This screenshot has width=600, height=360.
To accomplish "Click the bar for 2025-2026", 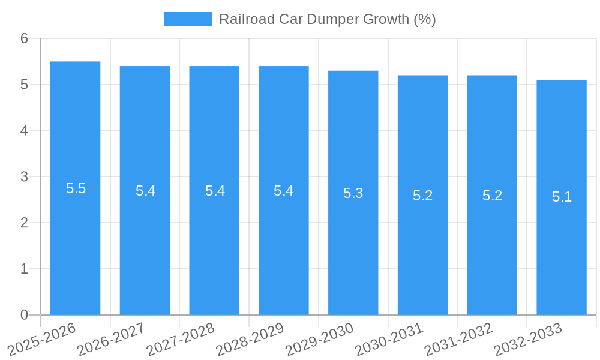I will pos(75,240).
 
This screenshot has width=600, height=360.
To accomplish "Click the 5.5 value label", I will pos(76,188).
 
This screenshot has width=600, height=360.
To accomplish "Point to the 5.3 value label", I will pos(353,193).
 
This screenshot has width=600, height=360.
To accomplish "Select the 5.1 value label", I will pos(562,197).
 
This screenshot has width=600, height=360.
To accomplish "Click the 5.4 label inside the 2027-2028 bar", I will pos(215,191).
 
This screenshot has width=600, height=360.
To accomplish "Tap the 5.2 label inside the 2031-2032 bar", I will pos(492,196).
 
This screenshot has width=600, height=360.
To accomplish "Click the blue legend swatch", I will pos(187,19).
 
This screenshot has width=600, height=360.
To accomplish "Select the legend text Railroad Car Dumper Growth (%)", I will pos(327,19).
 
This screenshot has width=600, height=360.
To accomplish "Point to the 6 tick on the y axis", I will pos(24,38).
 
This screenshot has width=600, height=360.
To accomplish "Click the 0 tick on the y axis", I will pos(24,315).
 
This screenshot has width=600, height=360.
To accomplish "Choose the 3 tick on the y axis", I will pos(24,177).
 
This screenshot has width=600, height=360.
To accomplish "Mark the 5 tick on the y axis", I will pos(24,85).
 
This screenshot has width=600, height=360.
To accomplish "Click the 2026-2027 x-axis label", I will pos(111,338).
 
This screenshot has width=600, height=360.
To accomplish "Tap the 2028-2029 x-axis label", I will pos(250,338).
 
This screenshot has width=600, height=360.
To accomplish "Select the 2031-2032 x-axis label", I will pos(458,338).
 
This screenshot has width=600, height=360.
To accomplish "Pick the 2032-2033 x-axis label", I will pos(528,338).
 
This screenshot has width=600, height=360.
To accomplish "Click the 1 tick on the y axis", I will pos(24,269).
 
